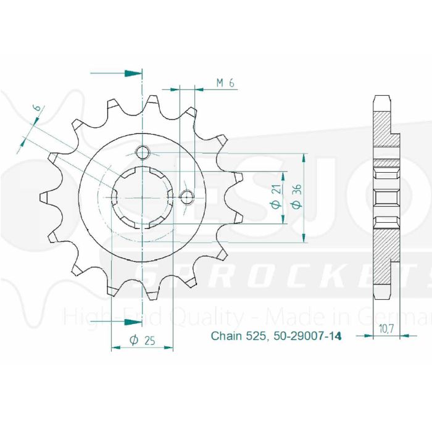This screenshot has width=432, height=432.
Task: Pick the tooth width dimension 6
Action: (38, 110)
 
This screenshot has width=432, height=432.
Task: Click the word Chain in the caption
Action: (223, 336)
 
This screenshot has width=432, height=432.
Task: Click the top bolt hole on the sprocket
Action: (143, 152)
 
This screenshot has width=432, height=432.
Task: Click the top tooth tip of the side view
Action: (381, 101)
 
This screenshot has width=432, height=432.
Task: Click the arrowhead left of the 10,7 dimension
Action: (370, 336)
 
